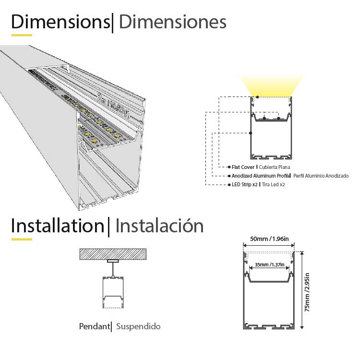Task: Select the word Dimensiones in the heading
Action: (x=172, y=22)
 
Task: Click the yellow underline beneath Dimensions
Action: (x=22, y=35)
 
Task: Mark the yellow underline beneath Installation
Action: (x=22, y=239)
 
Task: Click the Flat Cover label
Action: (x=243, y=168)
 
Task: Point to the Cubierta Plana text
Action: (x=275, y=168)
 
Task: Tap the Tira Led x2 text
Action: (x=273, y=184)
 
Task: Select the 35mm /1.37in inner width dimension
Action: (x=269, y=264)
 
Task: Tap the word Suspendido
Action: (x=138, y=327)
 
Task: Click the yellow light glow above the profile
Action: (x=272, y=87)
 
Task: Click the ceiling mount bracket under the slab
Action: (x=113, y=262)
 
